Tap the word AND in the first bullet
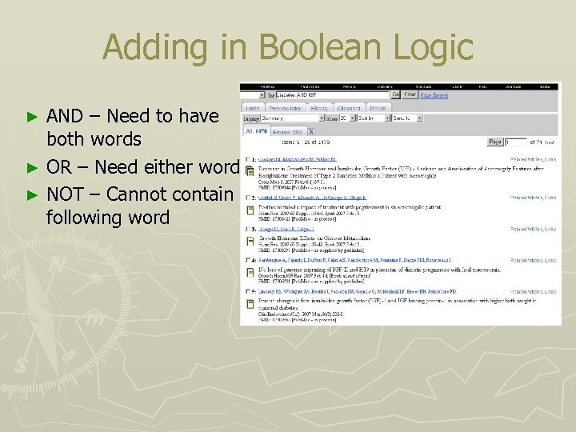pos(66,116)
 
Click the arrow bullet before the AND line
pos(33,117)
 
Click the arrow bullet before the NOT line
pos(33,194)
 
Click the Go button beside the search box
pos(396,95)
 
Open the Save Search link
pos(434,95)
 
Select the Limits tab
pos(252,107)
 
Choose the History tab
pos(319,107)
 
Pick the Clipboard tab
pos(349,107)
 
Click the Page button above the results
pos(495,142)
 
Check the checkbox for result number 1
pos(248,160)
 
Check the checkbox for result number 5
pos(248,292)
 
